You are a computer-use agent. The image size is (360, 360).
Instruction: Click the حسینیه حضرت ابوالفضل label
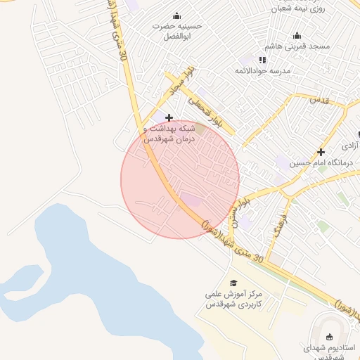tap(178, 30)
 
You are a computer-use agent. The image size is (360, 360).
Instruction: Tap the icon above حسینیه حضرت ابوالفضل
tap(176, 15)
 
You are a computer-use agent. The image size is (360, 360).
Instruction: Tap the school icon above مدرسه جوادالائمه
tap(263, 60)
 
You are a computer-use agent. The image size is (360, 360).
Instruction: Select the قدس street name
tap(320, 101)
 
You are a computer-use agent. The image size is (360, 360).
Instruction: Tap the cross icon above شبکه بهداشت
tap(169, 117)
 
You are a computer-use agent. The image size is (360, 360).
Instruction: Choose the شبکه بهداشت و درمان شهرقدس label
tap(169, 134)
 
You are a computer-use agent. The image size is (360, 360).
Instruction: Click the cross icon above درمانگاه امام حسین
tap(321, 152)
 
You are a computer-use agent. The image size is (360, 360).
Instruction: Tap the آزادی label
tap(349, 146)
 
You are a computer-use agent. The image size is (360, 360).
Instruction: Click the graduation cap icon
tap(233, 283)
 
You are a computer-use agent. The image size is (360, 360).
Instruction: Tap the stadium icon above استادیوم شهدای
tap(330, 337)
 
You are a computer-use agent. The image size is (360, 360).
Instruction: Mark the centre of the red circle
tap(180, 180)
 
